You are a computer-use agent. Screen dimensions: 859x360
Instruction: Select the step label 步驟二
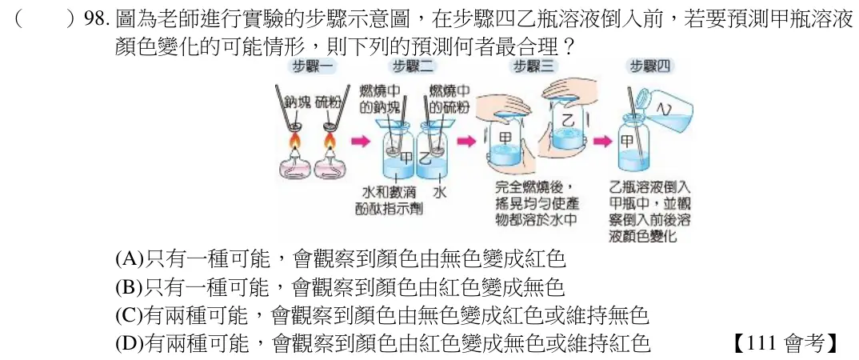pyautogui.click(x=413, y=67)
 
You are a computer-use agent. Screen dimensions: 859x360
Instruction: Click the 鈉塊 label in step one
pyautogui.click(x=298, y=103)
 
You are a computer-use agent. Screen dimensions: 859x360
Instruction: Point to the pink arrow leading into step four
pyautogui.click(x=602, y=142)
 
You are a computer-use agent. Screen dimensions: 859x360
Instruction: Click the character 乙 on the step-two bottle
pyautogui.click(x=426, y=159)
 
